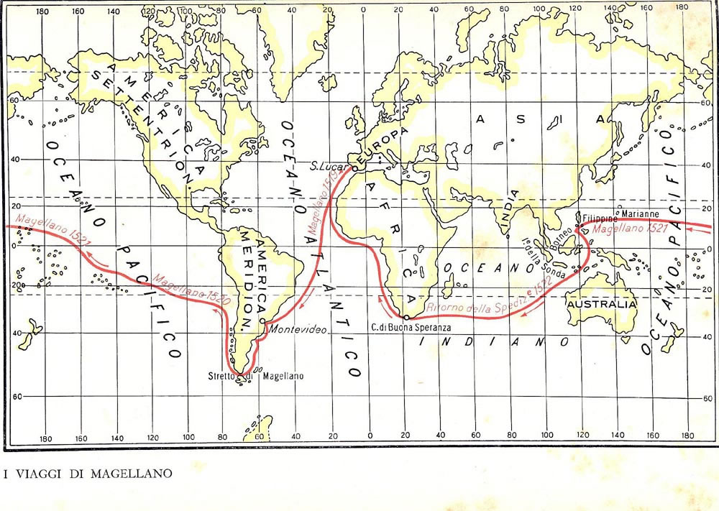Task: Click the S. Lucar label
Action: pyautogui.click(x=324, y=166)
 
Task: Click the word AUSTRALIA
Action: pyautogui.click(x=602, y=304)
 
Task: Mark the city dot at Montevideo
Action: pyautogui.click(x=264, y=321)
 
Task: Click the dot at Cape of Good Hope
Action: pyautogui.click(x=405, y=317)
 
